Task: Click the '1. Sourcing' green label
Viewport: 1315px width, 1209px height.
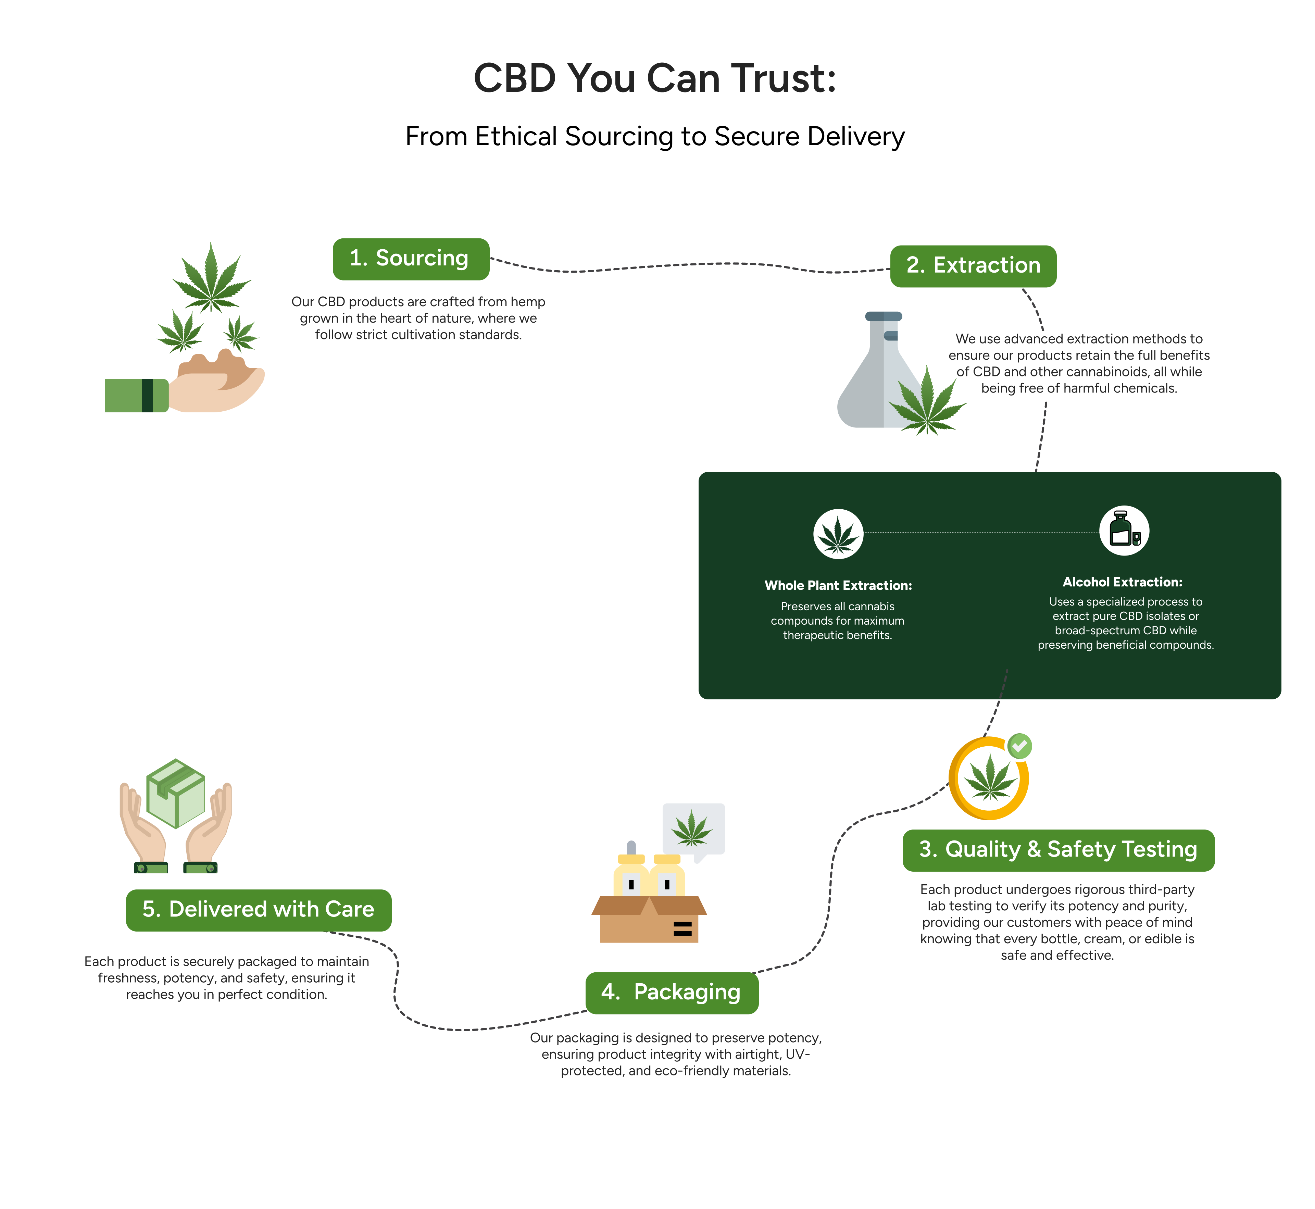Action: [411, 259]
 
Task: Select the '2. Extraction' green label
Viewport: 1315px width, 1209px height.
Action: [973, 266]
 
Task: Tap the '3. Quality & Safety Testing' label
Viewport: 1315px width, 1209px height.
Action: [1058, 850]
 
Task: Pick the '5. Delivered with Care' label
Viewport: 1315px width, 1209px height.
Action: [259, 909]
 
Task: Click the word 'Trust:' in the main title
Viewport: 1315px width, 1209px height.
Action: [783, 78]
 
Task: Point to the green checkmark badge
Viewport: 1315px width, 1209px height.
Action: [1019, 746]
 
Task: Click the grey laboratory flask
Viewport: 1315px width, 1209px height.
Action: [870, 379]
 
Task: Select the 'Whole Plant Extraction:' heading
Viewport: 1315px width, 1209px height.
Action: [838, 586]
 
